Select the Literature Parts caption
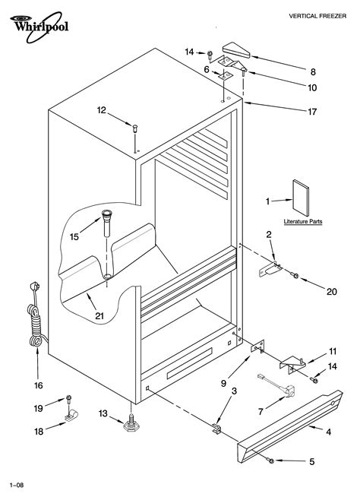pyautogui.click(x=302, y=221)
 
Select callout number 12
pyautogui.click(x=100, y=111)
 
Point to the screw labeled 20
pyautogui.click(x=295, y=275)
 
